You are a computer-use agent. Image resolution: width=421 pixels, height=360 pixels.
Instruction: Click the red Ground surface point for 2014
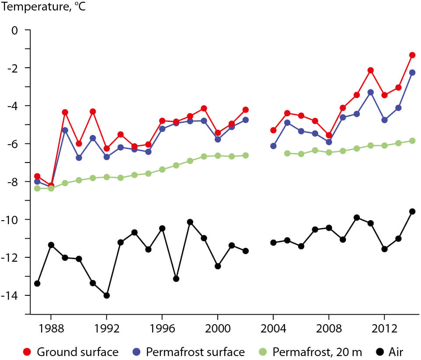pyautogui.click(x=412, y=55)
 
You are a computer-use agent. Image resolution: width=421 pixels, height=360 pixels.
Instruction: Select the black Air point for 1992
pyautogui.click(x=107, y=295)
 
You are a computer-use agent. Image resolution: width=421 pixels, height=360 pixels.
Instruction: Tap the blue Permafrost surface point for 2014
pyautogui.click(x=412, y=73)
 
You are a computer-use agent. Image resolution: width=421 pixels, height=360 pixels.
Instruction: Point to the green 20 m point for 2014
pyautogui.click(x=412, y=141)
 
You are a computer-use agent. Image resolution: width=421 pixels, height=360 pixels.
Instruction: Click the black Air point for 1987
pyautogui.click(x=37, y=284)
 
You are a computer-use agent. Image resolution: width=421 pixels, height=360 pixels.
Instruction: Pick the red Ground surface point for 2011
pyautogui.click(x=371, y=70)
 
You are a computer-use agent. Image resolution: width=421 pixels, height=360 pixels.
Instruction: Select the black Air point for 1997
pyautogui.click(x=176, y=279)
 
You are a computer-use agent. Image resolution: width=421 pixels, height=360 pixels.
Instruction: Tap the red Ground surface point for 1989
pyautogui.click(x=65, y=112)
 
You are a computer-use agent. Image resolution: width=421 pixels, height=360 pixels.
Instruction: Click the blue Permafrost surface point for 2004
pyautogui.click(x=273, y=146)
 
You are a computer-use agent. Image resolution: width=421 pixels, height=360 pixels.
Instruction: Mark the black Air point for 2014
pyautogui.click(x=412, y=211)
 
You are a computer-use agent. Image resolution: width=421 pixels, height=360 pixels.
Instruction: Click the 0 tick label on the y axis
pyautogui.click(x=15, y=30)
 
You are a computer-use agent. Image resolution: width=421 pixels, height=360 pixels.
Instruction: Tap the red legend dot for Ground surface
pyautogui.click(x=28, y=352)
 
